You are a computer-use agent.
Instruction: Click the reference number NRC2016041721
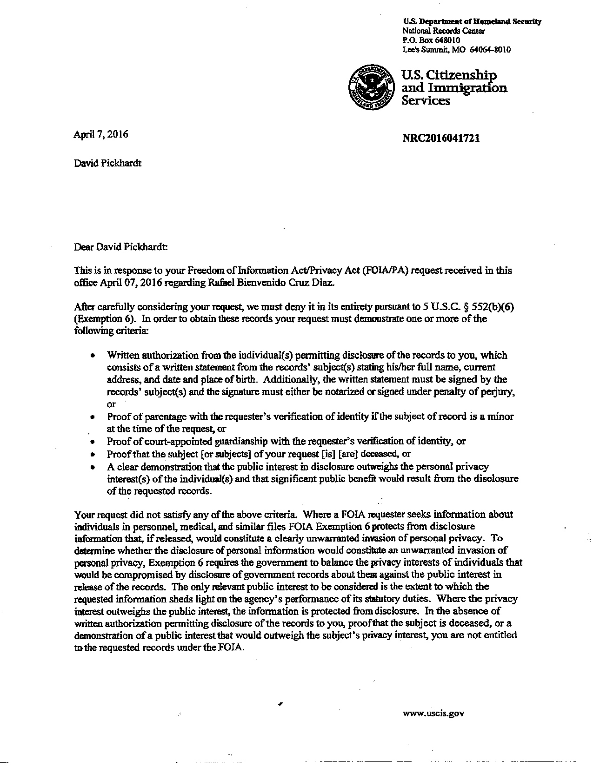(441, 138)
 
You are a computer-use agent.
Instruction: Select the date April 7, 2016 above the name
(101, 135)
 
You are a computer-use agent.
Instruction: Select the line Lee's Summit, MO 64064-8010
(456, 50)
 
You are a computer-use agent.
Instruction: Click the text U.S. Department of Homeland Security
(472, 22)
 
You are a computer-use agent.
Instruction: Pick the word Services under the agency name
(426, 100)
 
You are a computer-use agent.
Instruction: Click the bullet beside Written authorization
(93, 356)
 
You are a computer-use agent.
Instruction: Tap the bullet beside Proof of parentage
(93, 417)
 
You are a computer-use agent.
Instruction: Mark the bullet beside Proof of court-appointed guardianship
(93, 442)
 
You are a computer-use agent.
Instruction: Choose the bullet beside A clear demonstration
(93, 467)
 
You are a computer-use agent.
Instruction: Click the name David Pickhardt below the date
(107, 163)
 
